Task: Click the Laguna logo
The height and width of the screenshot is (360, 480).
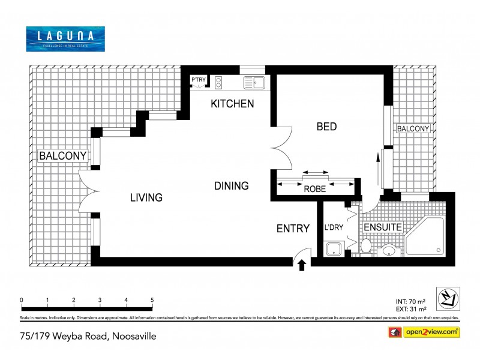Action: [x=65, y=38]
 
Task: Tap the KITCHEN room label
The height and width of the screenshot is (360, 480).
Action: [x=232, y=104]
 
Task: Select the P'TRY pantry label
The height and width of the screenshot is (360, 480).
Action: [x=198, y=80]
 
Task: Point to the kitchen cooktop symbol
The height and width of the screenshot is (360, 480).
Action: [x=219, y=82]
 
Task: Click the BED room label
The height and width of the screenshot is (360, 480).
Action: [x=326, y=127]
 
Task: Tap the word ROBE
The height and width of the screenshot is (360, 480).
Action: [x=314, y=188]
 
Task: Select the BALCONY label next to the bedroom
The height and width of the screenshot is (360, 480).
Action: [x=413, y=128]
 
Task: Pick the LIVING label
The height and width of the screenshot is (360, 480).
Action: [x=147, y=197]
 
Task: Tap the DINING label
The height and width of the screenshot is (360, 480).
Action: [x=231, y=186]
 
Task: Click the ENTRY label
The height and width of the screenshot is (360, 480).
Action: [x=293, y=229]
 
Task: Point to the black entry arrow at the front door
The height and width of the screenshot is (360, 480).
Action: [x=302, y=264]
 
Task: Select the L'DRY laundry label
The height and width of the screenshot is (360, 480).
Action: [x=333, y=229]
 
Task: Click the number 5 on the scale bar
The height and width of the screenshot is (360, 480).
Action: [x=152, y=300]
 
